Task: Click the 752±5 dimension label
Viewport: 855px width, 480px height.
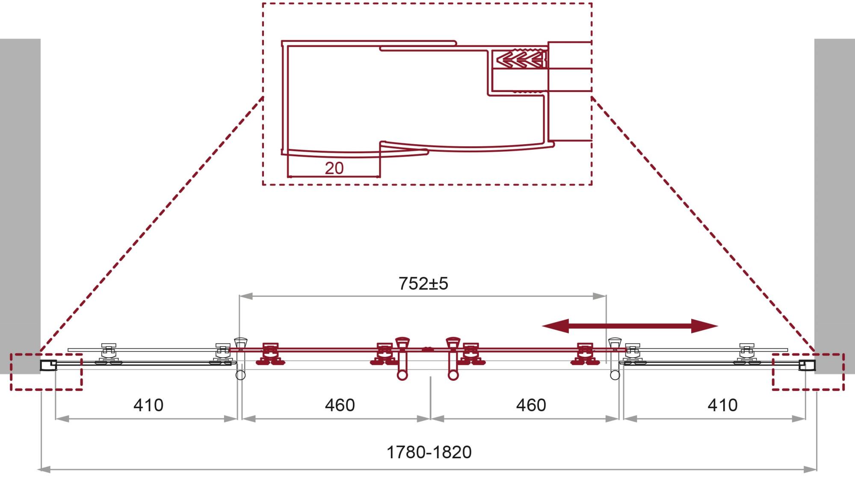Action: (x=423, y=284)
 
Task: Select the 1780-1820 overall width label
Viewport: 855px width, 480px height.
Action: (x=429, y=452)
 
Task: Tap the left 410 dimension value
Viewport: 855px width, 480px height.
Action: (x=148, y=405)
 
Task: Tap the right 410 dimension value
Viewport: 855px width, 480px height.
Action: (x=722, y=405)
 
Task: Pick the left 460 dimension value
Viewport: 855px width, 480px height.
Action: (x=340, y=405)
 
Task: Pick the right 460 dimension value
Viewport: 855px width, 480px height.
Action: (x=531, y=405)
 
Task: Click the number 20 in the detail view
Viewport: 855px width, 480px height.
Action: (x=334, y=168)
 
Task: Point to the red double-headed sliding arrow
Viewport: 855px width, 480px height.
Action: (x=630, y=326)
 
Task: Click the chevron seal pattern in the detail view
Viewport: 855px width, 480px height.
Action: (x=519, y=59)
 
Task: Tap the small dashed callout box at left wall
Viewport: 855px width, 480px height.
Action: (x=46, y=372)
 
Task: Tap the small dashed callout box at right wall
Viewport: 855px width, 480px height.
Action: (x=808, y=372)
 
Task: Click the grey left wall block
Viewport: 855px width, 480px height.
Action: (x=20, y=205)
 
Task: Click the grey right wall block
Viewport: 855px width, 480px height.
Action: (x=834, y=205)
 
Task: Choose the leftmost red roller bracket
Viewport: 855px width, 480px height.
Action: (x=270, y=354)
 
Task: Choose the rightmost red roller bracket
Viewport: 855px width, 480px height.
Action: (x=585, y=354)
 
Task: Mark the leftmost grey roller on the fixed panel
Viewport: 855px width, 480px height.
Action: (x=108, y=354)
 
